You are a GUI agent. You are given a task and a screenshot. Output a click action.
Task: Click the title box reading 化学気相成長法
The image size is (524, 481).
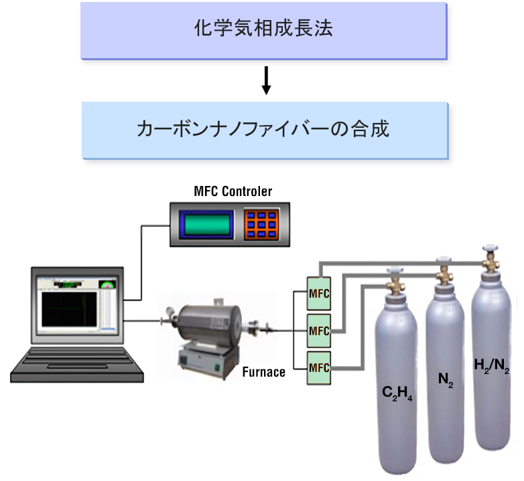click(x=263, y=31)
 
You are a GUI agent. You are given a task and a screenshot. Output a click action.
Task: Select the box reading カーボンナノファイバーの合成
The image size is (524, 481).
click(x=265, y=130)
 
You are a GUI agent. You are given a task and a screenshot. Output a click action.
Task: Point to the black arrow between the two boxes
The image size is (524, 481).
click(x=266, y=81)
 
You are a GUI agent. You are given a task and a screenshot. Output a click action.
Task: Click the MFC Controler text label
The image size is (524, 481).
click(x=233, y=191)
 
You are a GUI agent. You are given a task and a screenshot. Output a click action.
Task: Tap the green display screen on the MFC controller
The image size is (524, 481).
click(x=207, y=225)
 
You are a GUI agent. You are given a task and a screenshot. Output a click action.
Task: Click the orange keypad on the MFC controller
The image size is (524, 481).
click(x=261, y=225)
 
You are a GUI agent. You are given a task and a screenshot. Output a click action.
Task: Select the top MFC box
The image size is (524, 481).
click(x=319, y=294)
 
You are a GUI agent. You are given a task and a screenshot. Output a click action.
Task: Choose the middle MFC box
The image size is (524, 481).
click(x=319, y=331)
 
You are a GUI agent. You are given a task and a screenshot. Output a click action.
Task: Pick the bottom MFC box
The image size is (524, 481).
click(x=319, y=368)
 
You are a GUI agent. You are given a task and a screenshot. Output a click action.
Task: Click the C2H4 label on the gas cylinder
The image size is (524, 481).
click(x=397, y=393)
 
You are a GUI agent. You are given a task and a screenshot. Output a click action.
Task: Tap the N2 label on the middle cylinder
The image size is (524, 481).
click(x=446, y=380)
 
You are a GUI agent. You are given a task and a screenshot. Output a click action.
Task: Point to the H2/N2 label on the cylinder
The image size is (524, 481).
click(x=492, y=366)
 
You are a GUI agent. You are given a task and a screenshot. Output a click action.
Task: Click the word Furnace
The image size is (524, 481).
click(x=263, y=372)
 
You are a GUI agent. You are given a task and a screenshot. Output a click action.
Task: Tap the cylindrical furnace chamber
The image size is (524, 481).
click(x=210, y=323)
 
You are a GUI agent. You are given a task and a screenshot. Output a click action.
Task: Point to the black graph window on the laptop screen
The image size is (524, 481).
click(x=69, y=309)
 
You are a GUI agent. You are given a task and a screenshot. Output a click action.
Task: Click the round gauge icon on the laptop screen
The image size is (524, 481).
click(x=107, y=284)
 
